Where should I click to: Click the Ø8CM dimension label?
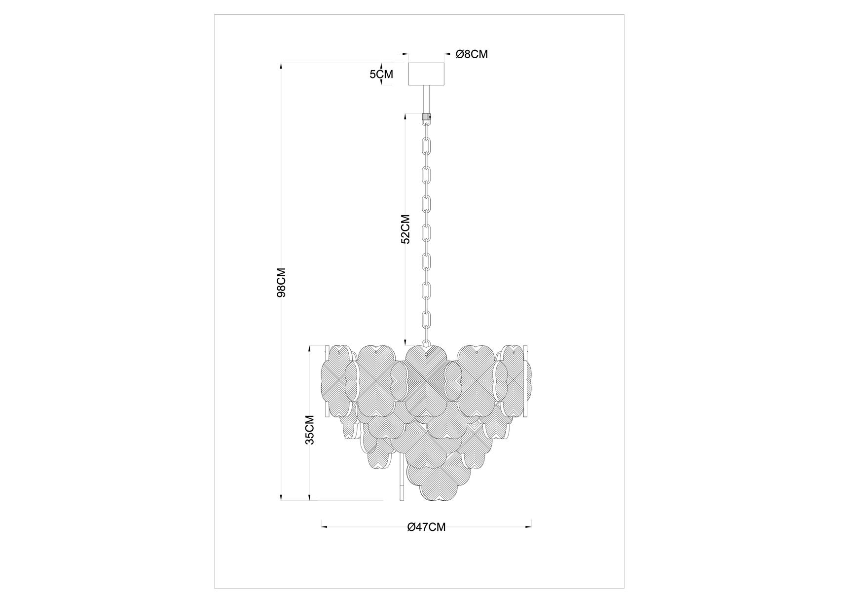tap(472, 54)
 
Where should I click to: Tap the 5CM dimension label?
tap(381, 74)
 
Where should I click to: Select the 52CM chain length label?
tap(405, 229)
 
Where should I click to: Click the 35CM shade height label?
tap(309, 430)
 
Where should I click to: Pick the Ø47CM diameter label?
tap(426, 527)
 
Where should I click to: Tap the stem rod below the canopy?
tap(426, 100)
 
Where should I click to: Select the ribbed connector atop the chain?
tap(426, 118)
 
